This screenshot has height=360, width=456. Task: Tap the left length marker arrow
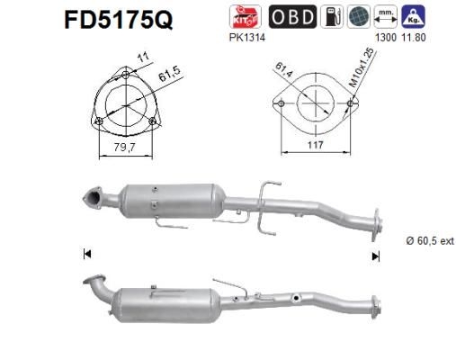click(x=86, y=256)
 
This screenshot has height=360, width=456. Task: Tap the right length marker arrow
click(x=376, y=256)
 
